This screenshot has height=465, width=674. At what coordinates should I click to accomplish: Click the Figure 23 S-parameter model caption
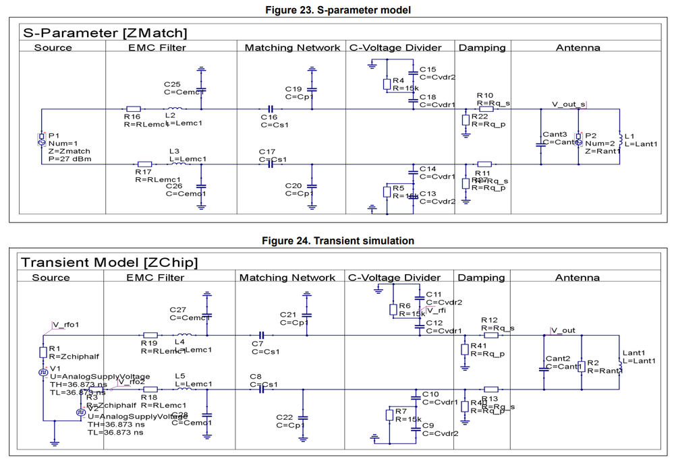337,9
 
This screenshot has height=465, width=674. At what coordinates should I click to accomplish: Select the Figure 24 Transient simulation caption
337,241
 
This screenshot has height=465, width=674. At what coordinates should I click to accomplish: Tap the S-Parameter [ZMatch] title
105,32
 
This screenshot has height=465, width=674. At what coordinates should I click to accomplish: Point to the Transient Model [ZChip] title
109,262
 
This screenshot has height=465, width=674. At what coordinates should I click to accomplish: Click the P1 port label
54,135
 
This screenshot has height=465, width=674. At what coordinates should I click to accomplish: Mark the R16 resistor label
132,117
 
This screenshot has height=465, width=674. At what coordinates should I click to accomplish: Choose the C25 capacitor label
172,84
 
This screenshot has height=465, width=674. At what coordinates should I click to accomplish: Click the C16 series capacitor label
269,117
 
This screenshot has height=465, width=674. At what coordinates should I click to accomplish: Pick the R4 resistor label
398,81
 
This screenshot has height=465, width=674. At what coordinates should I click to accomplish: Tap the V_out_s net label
568,104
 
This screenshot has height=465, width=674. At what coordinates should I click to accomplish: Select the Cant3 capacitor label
555,134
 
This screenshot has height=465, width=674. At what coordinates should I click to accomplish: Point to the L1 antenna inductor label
629,136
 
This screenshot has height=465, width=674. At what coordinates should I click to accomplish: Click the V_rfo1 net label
65,324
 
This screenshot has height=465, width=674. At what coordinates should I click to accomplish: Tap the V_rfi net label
436,310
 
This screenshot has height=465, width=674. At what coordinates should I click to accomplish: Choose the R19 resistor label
148,342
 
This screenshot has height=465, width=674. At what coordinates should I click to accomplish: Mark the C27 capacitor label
178,309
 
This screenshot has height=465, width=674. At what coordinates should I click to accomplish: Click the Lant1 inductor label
634,352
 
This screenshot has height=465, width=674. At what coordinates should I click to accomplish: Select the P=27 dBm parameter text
69,159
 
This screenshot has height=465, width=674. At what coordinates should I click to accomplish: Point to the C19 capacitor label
293,89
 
